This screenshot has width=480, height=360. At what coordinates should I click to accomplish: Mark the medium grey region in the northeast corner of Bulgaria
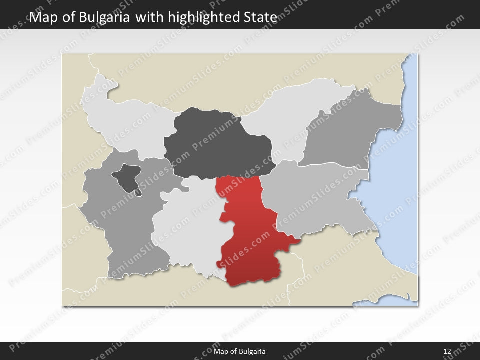tap(350, 130)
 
